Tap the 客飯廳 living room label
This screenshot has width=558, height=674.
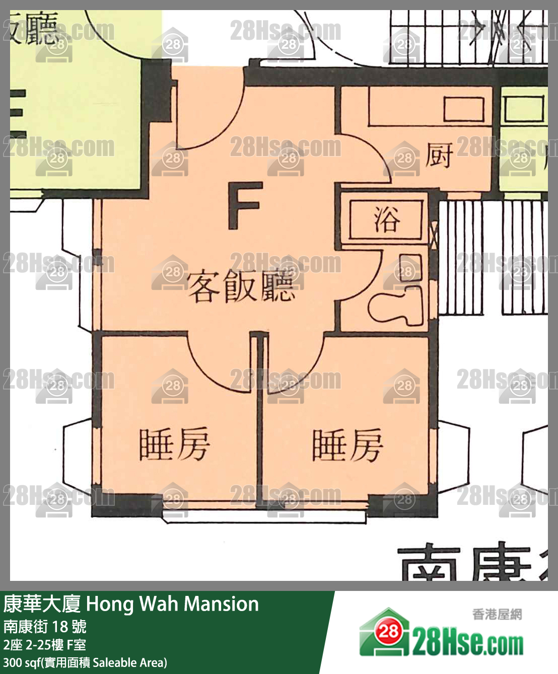pos(241,287)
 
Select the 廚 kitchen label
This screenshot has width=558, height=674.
pos(439,155)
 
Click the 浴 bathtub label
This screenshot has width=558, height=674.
pos(387,219)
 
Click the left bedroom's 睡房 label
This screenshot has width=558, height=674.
pos(174,444)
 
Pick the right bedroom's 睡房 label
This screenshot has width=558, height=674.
pos(347,445)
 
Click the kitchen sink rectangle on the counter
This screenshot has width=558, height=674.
pos(463,109)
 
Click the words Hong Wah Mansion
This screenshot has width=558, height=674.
pos(172,604)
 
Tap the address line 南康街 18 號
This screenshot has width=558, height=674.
pos(45,627)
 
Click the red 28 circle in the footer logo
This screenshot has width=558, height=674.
pos(389,631)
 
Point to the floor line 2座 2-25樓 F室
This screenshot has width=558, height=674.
pos(45,645)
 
